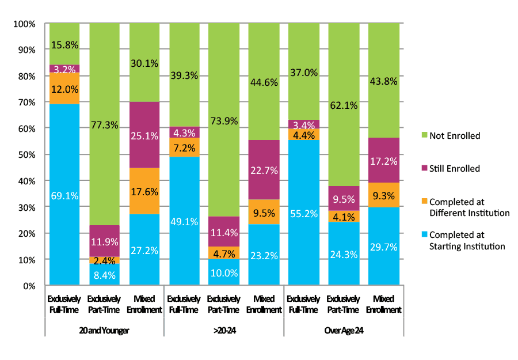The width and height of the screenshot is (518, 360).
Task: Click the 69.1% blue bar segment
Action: (x=64, y=194)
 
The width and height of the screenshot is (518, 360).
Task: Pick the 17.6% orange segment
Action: (x=144, y=191)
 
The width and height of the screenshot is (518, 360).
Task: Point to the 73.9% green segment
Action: (x=223, y=120)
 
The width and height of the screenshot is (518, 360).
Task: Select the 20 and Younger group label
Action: (x=104, y=331)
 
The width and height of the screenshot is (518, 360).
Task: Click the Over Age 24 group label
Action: (x=343, y=331)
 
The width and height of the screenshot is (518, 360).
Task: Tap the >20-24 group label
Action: (x=223, y=331)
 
